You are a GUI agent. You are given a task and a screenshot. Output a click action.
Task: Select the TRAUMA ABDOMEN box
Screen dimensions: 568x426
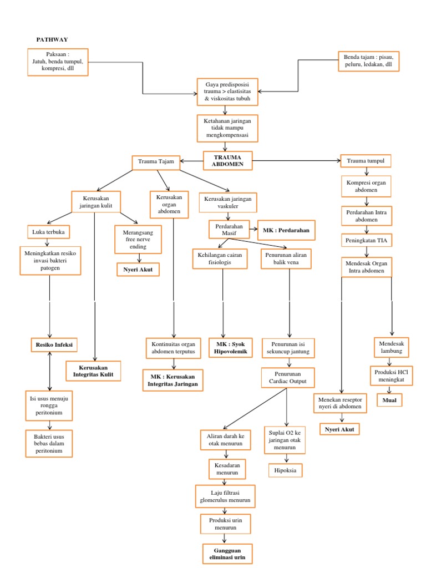227,160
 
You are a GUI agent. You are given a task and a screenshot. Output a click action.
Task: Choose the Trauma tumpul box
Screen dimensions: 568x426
366,161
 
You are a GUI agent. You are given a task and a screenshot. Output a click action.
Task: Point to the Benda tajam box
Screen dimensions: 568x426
368,61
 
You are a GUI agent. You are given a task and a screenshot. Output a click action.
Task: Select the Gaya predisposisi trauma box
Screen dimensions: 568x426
227,92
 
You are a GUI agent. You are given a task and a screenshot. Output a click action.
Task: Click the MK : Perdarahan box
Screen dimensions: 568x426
287,229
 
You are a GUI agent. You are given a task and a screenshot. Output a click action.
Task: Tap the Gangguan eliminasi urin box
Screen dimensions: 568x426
226,554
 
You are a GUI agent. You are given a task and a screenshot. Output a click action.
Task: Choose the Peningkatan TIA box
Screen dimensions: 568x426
366,240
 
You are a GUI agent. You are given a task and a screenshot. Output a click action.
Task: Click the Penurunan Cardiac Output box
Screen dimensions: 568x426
287,378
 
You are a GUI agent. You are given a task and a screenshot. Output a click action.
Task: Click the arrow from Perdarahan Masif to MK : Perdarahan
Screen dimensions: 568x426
250,229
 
